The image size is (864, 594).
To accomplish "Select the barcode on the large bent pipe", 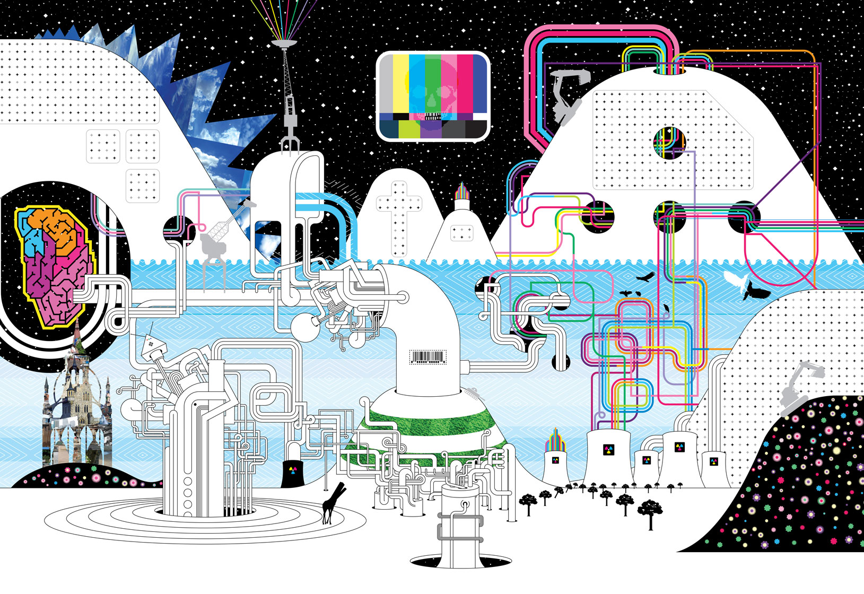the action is tap(427, 356).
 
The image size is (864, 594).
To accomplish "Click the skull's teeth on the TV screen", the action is tap(432, 117).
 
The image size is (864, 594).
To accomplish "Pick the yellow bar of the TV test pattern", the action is tap(401, 85).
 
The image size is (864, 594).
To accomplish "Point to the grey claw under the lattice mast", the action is tap(290, 143).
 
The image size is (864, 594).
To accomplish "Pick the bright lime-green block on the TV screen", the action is tap(408, 129).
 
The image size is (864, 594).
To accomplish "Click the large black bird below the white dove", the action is tap(755, 291).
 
